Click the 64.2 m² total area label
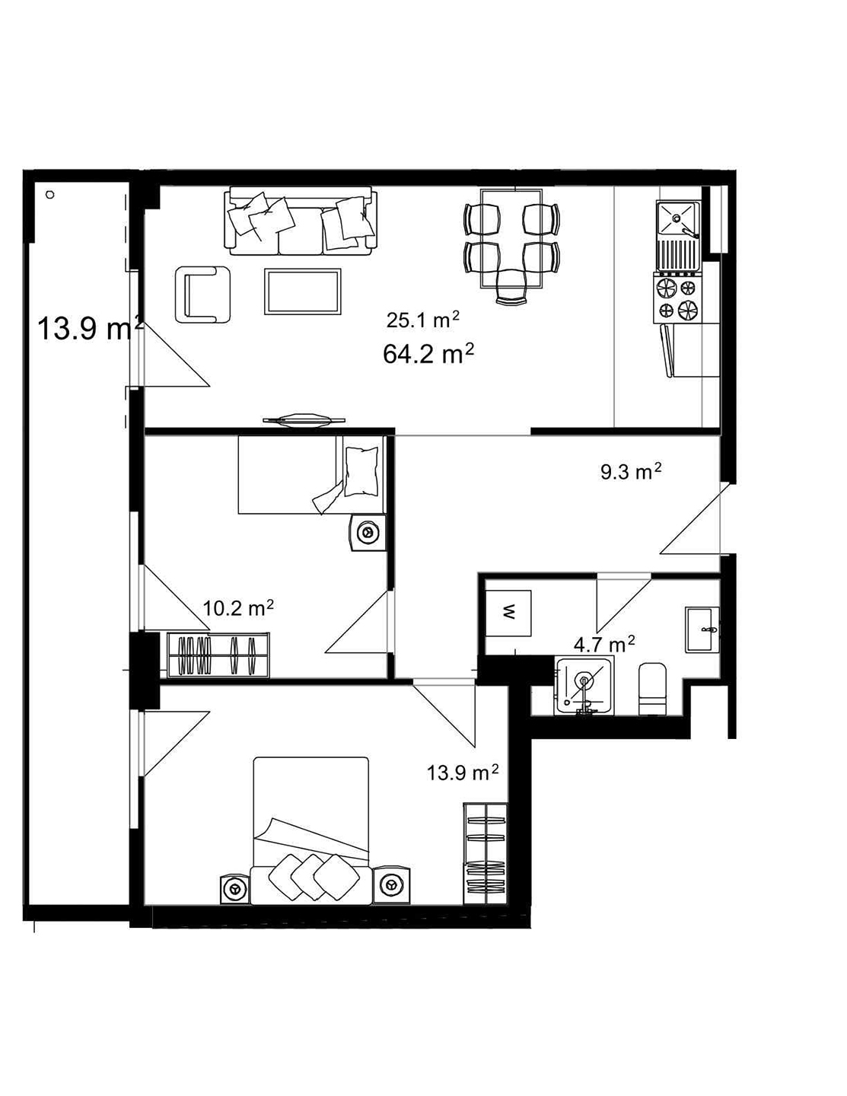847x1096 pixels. click(x=428, y=354)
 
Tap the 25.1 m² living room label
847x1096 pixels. click(x=423, y=320)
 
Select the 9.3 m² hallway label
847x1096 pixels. click(x=631, y=472)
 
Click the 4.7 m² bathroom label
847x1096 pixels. click(x=604, y=644)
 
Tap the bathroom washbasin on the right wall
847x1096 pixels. click(x=702, y=629)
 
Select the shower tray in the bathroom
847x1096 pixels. click(x=584, y=686)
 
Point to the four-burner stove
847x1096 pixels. click(x=677, y=298)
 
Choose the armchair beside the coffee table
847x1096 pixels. click(x=203, y=295)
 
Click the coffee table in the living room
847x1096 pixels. click(x=303, y=292)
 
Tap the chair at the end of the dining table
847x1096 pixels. click(x=511, y=288)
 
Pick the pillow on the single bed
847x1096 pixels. click(x=361, y=472)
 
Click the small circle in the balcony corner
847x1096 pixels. click(x=49, y=195)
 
